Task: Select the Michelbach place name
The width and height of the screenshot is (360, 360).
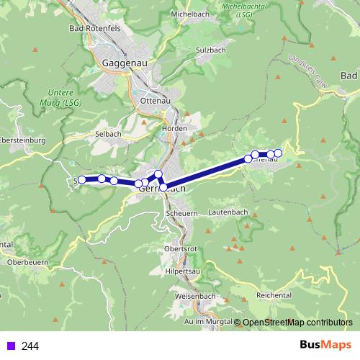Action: point(191,14)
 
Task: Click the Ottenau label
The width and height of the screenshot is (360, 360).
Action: point(153,102)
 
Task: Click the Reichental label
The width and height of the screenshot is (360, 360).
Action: point(272,295)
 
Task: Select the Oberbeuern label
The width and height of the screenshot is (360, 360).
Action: point(27,263)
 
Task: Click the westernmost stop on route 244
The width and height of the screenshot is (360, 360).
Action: point(82,179)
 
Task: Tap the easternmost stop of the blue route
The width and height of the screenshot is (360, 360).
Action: point(279,153)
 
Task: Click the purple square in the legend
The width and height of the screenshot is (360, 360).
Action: point(10,346)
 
